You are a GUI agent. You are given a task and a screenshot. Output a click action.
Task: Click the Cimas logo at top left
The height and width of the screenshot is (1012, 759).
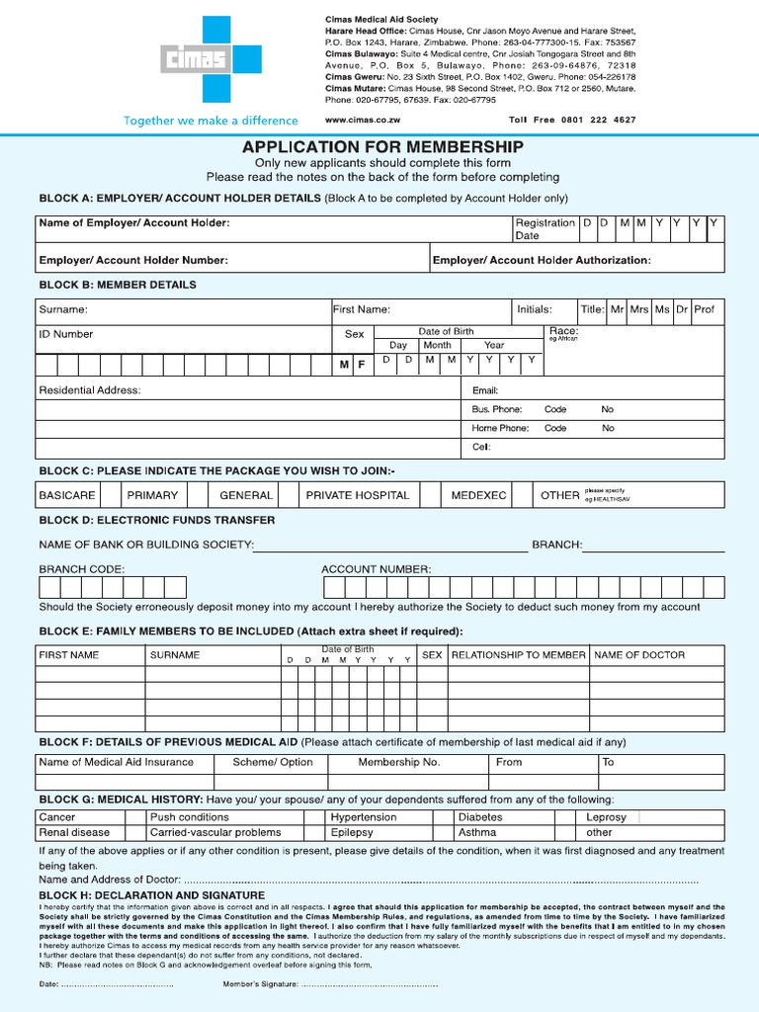tap(203, 59)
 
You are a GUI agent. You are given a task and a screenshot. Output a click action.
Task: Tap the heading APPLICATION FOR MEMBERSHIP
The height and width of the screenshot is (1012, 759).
tap(382, 146)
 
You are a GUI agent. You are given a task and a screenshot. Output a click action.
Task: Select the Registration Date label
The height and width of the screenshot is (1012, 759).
tap(545, 229)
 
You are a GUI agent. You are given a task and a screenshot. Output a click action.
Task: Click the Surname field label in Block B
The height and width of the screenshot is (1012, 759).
tap(63, 309)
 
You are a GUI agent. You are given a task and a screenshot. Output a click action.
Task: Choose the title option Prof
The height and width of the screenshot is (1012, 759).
tap(704, 309)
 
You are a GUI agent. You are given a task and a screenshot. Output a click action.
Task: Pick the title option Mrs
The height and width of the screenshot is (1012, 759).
tap(639, 309)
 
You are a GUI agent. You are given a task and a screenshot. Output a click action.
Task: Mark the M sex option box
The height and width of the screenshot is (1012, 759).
tap(344, 365)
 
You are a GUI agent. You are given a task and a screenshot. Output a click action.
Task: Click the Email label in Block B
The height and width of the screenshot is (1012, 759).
tap(484, 390)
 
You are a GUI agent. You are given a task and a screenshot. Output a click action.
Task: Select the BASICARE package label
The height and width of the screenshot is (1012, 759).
tap(67, 495)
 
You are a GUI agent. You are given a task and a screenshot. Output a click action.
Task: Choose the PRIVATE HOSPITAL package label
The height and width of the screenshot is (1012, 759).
tap(357, 495)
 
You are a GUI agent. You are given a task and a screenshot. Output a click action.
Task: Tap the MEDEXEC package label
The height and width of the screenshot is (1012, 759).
tap(478, 495)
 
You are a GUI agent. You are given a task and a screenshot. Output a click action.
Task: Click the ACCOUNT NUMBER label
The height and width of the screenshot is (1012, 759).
tap(376, 569)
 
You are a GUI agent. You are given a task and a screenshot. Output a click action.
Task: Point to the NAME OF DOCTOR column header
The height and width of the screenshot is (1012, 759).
tap(639, 655)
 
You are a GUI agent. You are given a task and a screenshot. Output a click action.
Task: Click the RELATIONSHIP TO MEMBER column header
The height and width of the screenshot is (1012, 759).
tap(518, 655)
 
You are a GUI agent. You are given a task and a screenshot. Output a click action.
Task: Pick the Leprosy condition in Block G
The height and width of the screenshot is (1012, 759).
tap(606, 817)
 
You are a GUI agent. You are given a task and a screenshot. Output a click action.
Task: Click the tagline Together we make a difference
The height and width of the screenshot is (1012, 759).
tap(210, 121)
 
